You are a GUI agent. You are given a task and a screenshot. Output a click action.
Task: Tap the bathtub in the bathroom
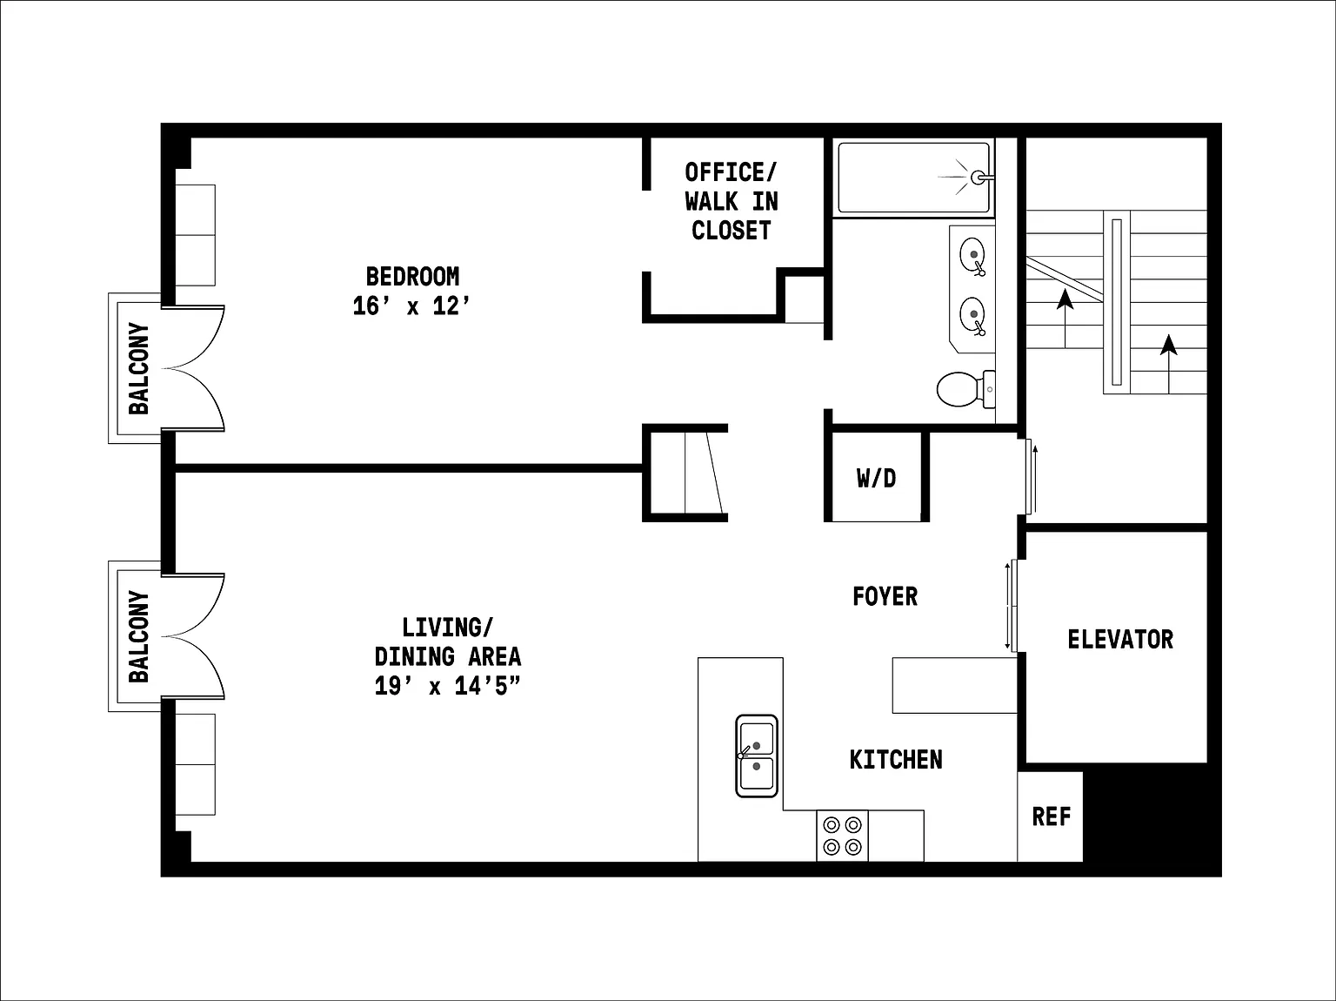914,178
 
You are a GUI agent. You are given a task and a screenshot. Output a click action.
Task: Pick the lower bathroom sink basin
972,315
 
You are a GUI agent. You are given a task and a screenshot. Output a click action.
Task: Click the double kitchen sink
757,756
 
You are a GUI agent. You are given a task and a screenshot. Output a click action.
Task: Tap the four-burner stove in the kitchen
842,836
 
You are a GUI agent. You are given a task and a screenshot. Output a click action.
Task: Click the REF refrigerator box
1050,816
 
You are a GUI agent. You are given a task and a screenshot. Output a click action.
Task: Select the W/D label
877,479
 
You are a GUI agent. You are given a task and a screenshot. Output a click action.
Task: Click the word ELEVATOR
1120,639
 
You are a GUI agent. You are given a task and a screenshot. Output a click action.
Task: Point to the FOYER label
885,597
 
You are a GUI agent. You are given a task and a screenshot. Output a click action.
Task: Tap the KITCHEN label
896,760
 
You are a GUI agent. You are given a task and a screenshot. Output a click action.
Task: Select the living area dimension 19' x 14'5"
448,686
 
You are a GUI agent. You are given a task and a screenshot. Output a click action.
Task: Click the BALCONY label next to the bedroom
139,368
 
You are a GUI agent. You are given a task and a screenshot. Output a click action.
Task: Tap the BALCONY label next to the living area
139,636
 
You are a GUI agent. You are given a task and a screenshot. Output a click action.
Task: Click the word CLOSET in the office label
731,231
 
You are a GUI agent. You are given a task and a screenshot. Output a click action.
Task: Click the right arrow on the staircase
1169,364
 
